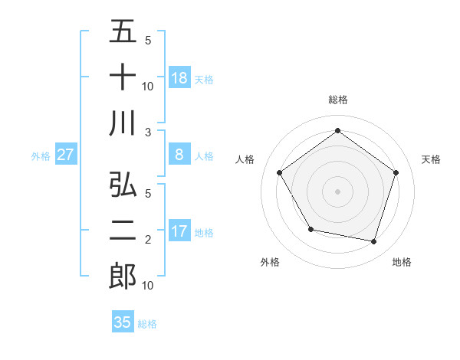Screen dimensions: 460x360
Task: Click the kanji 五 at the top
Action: [x=123, y=33]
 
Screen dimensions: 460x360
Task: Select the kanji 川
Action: [x=123, y=123]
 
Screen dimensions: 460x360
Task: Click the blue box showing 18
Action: [x=179, y=78]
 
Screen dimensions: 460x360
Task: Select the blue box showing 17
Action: [x=179, y=231]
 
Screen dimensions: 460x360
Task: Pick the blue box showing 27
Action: [x=66, y=155]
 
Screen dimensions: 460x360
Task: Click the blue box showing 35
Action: [x=123, y=322]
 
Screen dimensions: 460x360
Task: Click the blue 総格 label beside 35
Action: [x=147, y=324]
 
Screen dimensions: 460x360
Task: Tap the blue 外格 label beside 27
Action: [x=41, y=156]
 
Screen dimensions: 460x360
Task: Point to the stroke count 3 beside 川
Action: [x=147, y=132]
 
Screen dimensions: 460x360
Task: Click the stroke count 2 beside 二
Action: [x=147, y=241]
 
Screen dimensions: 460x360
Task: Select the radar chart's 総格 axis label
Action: [x=337, y=100]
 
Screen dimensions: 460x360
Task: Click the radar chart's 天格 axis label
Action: [x=431, y=159]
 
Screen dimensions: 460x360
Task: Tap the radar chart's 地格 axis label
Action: [x=402, y=262]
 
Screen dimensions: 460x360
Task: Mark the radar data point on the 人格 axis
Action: [x=279, y=172]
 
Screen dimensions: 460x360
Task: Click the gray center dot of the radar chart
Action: [x=337, y=191]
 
